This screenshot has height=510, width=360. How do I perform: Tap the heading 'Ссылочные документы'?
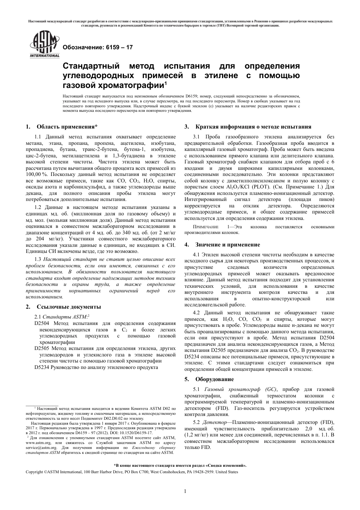[x=69, y=307]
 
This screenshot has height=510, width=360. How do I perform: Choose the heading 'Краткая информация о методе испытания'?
[x=253, y=127]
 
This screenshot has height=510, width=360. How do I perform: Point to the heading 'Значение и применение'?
[x=227, y=245]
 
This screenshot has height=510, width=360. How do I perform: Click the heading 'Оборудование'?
[x=214, y=379]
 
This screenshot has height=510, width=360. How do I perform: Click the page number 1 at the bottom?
[x=185, y=491]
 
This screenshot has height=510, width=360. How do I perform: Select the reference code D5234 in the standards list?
[x=41, y=367]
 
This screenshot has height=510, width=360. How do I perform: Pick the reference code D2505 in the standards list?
[x=41, y=348]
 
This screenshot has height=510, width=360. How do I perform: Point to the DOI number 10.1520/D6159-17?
[x=134, y=433]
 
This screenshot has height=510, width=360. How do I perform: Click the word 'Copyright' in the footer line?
[x=34, y=472]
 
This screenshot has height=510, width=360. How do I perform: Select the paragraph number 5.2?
[x=197, y=422]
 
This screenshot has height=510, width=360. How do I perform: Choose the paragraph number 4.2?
[x=197, y=313]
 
